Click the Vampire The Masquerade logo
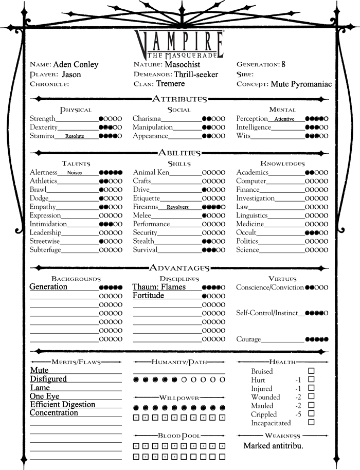179,43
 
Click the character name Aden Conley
76,65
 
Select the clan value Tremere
171,84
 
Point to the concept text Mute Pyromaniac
301,84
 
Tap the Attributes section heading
179,99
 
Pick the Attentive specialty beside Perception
284,119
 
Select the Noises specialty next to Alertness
75,173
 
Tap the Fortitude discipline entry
148,296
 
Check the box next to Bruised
311,371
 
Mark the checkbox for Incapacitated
311,423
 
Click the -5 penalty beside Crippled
297,414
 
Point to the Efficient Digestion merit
62,404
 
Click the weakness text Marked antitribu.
273,445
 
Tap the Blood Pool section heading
179,436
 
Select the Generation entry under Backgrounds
48,287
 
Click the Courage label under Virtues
248,339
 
